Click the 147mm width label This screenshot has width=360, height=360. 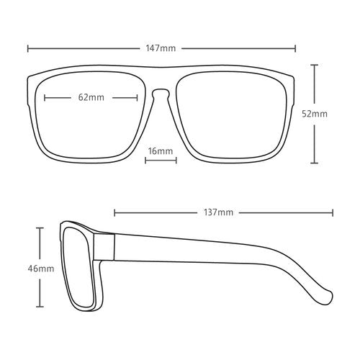tap(161, 48)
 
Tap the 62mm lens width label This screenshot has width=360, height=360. tap(91, 97)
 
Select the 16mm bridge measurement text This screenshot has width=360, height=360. tap(161, 151)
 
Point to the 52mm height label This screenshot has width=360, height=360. tap(315, 114)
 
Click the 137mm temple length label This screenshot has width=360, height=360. tap(218, 212)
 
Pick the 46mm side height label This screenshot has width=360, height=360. tap(41, 269)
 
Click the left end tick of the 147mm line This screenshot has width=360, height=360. tap(28, 48)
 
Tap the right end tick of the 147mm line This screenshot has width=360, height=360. tap(295, 48)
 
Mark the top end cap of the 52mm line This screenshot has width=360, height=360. tap(314, 65)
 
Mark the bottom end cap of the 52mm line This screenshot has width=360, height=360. tap(314, 163)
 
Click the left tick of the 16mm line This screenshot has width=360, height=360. tap(145, 161)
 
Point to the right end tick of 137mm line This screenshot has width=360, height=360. tap(333, 212)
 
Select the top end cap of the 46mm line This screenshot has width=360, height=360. tap(40, 228)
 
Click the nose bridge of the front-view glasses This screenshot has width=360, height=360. tap(161, 91)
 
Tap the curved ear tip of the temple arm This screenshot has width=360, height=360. tap(327, 297)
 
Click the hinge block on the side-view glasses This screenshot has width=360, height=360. tap(104, 247)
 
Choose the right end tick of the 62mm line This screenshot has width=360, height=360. tap(137, 98)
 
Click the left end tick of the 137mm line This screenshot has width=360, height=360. tap(114, 212)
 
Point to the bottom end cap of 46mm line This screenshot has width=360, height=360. tap(40, 307)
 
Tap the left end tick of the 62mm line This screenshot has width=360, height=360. tap(45, 98)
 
